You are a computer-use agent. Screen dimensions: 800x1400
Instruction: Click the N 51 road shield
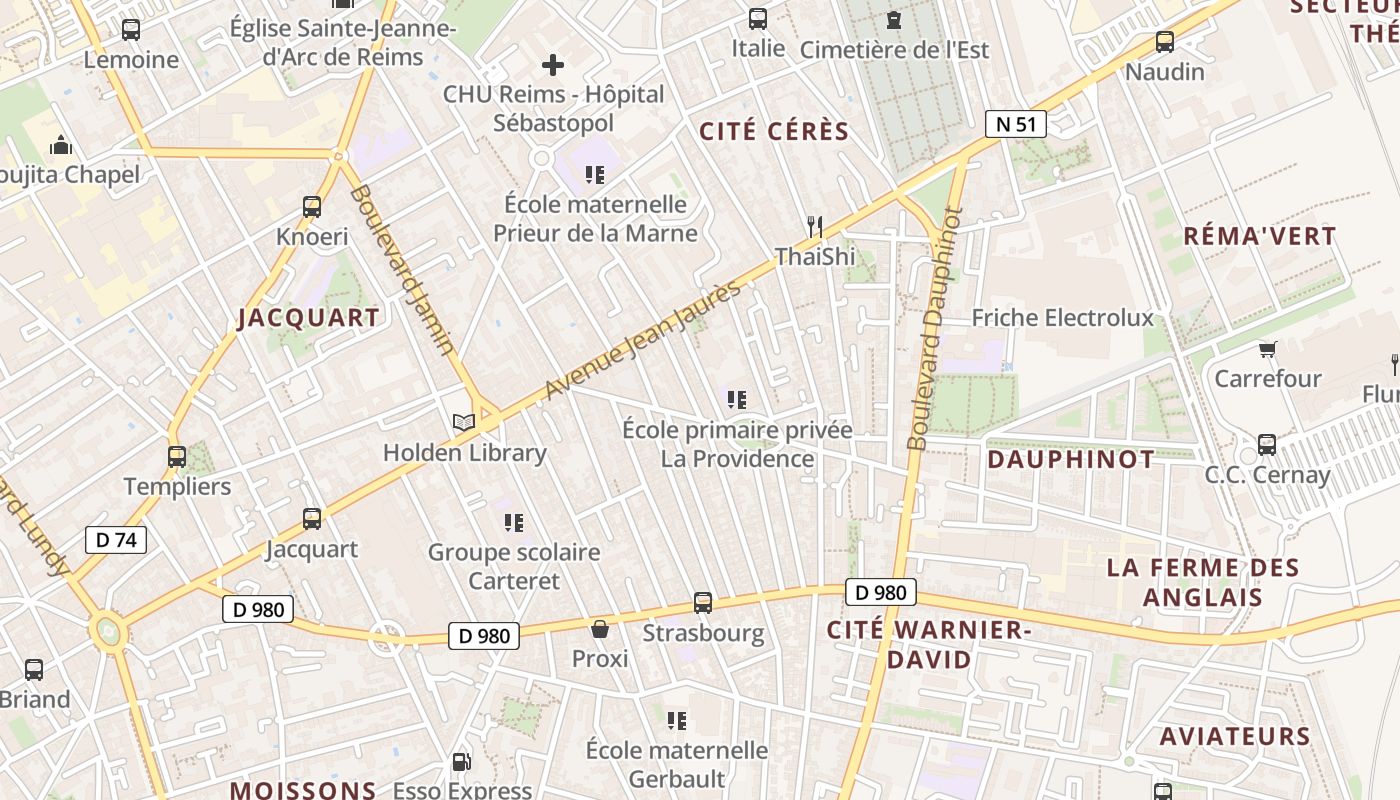coord(1015,124)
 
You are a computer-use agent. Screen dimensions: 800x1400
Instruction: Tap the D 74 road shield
coord(116,540)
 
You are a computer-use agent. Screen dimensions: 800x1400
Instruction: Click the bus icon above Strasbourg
coord(703,603)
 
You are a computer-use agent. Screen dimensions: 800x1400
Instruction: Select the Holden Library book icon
coord(463,423)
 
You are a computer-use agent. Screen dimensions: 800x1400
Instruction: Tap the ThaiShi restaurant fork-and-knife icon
coord(815,227)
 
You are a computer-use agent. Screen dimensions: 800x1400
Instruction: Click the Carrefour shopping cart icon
coord(1268,349)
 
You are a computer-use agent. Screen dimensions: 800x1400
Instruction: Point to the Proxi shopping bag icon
coord(600,629)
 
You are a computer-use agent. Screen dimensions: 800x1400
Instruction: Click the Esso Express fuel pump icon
coord(461,762)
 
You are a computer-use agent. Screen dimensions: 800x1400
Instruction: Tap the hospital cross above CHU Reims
coord(552,66)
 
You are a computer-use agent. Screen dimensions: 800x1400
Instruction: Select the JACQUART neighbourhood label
coord(308,319)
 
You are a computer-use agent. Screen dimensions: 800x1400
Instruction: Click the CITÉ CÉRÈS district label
coord(774,132)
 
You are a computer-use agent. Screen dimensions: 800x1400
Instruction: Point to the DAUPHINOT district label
coord(1070,460)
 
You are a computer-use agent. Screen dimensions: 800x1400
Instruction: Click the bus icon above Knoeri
coord(312,207)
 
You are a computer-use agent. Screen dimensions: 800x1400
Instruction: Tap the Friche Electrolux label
coord(1062,318)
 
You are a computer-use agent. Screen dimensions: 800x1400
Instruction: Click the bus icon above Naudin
coord(1164,42)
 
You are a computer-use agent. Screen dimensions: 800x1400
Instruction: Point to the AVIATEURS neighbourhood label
coord(1234,737)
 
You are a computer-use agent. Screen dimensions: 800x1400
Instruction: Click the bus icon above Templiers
coord(177,457)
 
